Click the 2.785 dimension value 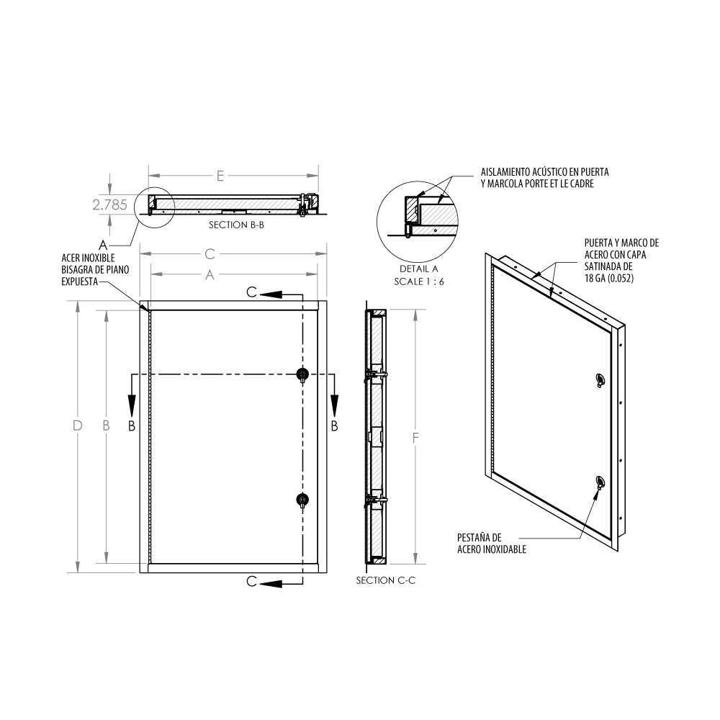coord(109,204)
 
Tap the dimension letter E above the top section coord(220,176)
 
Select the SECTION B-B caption coord(236,225)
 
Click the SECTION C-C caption coord(386,580)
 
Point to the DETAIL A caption coord(419,269)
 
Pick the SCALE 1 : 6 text coord(419,282)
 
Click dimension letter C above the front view coord(210,254)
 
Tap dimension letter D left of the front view coord(77,426)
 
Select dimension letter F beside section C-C coord(415,438)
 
